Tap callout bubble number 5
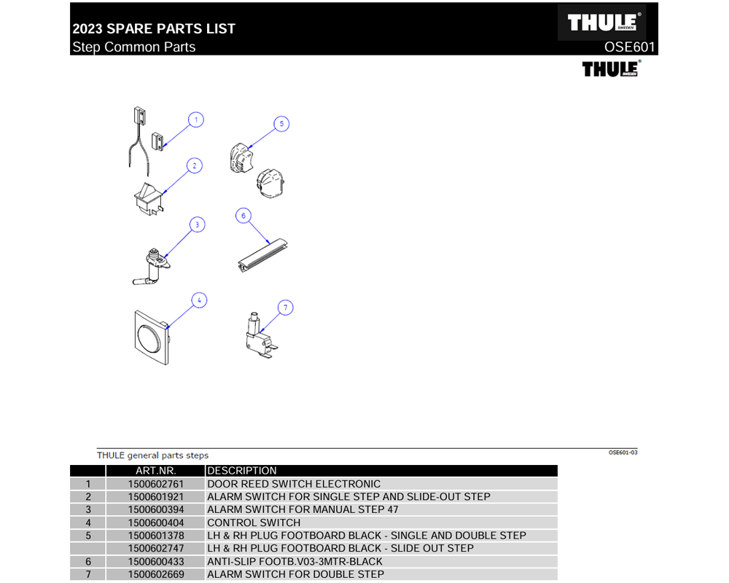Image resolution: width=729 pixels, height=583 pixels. pyautogui.click(x=281, y=124)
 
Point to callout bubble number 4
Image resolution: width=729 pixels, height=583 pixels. pyautogui.click(x=198, y=300)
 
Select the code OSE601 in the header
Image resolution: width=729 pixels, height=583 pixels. pyautogui.click(x=630, y=47)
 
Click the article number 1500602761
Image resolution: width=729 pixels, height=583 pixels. pyautogui.click(x=155, y=484)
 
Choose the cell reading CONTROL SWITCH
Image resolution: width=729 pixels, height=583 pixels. pyautogui.click(x=254, y=523)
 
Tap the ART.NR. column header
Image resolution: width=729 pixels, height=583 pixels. pyautogui.click(x=155, y=471)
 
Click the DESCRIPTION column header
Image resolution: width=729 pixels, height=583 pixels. pyautogui.click(x=242, y=471)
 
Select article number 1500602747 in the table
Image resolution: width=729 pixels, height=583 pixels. pyautogui.click(x=155, y=549)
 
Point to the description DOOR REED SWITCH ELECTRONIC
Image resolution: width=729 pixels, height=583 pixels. pyautogui.click(x=294, y=484)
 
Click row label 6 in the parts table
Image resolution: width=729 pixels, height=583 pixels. pyautogui.click(x=88, y=562)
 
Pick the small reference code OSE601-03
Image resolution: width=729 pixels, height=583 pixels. pyautogui.click(x=623, y=453)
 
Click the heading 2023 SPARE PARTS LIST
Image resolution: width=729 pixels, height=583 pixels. pyautogui.click(x=154, y=29)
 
